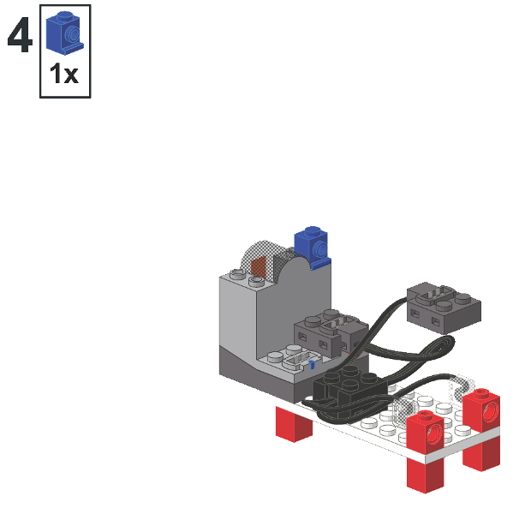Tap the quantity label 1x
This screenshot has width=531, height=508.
(64, 75)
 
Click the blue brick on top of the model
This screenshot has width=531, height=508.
(310, 246)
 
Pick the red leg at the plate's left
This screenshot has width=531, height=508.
(293, 424)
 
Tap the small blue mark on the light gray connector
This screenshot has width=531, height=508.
(313, 366)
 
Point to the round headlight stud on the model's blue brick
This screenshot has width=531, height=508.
(319, 250)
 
